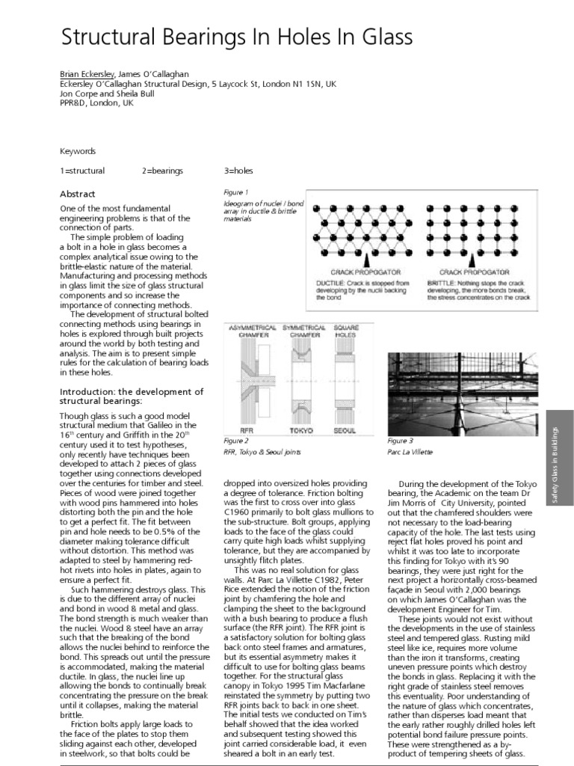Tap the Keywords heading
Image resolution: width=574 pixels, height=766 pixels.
78,150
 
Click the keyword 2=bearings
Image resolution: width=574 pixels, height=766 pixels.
162,171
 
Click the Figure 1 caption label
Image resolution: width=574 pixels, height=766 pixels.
236,192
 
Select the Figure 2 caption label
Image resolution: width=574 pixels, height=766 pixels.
235,441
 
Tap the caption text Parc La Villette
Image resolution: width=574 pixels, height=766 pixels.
410,453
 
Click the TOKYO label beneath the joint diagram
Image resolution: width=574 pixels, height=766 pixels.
300,430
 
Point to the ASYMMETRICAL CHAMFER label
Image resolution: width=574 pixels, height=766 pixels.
251,331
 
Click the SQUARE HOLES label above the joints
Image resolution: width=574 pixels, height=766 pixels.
347,331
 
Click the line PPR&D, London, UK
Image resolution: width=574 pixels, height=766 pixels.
96,103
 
